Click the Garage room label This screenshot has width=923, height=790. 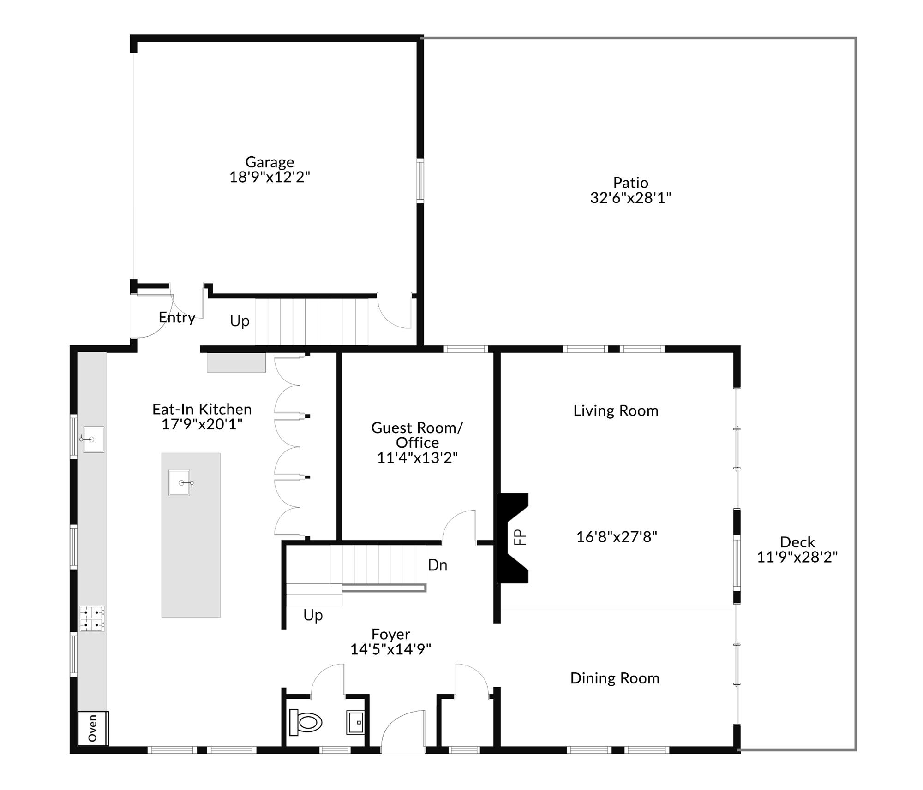[269, 162]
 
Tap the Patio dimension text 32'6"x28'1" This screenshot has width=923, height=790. [630, 198]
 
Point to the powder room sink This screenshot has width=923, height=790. [355, 722]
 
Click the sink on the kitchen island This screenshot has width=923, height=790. [180, 482]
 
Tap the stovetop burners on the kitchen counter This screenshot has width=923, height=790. [92, 618]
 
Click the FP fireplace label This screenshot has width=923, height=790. [520, 537]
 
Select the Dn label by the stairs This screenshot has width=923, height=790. [437, 565]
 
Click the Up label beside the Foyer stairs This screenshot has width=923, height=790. [313, 615]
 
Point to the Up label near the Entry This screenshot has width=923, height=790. [240, 321]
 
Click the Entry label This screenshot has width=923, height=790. [177, 317]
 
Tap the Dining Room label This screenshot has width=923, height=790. [614, 678]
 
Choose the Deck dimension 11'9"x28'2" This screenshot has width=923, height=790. [797, 557]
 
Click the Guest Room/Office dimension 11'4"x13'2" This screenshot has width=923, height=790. [417, 458]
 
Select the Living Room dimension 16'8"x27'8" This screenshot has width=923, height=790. [617, 537]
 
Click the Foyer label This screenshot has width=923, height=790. [390, 635]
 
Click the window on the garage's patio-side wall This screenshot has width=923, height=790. [420, 180]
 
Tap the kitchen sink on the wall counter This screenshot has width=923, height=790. [93, 439]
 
